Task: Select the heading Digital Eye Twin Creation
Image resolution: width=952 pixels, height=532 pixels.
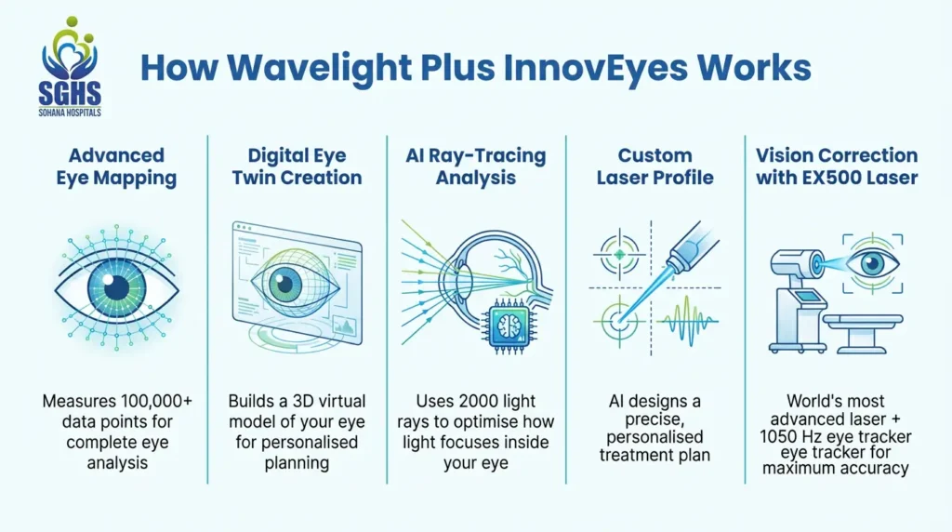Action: pyautogui.click(x=296, y=166)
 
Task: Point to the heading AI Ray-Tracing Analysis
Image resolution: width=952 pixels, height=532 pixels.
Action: pyautogui.click(x=476, y=166)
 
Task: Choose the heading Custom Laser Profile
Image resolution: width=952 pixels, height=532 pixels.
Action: pyautogui.click(x=655, y=166)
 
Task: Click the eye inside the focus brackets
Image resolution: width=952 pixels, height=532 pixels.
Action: pyautogui.click(x=873, y=264)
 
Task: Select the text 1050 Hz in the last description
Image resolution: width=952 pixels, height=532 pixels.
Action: pyautogui.click(x=803, y=436)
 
